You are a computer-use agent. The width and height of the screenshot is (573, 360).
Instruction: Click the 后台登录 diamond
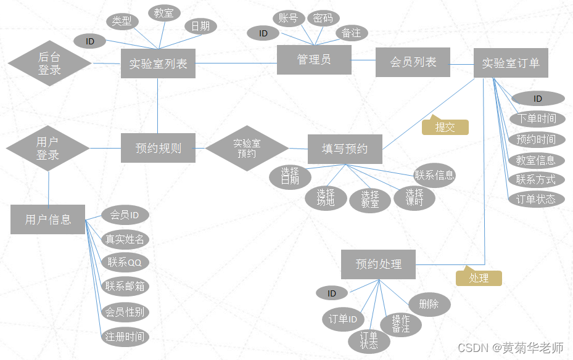coord(49,63)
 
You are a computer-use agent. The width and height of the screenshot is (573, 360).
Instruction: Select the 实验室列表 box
coord(158,63)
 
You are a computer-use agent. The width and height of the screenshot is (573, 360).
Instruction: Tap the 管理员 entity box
coord(314,59)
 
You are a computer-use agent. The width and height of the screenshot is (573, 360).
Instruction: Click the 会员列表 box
coord(413,62)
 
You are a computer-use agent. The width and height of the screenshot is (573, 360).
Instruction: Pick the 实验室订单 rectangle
coord(510,63)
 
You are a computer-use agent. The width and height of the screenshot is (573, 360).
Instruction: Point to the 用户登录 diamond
coord(47,149)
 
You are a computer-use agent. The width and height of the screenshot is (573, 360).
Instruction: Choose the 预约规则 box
coord(158,148)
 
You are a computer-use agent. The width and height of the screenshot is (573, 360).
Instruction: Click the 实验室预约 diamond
coord(247,148)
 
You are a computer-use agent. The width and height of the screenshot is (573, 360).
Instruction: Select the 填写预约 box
coord(345,149)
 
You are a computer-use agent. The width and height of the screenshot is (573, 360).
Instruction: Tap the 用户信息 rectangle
coord(47,219)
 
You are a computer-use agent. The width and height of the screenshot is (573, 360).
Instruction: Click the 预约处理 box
coord(378,264)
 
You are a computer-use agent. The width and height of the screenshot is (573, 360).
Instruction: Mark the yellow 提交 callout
coord(445,127)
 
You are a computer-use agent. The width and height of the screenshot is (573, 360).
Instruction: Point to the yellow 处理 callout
coord(479,278)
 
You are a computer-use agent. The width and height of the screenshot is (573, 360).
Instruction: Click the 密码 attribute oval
coord(323,18)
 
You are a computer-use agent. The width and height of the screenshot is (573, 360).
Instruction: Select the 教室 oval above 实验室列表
coord(163,13)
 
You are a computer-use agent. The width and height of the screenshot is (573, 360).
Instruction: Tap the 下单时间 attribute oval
coord(536,119)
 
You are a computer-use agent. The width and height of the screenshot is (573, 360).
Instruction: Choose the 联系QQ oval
coord(125,262)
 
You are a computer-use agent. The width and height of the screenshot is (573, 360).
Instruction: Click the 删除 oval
coord(429,304)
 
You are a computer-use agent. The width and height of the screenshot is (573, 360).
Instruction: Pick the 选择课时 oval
coord(414,198)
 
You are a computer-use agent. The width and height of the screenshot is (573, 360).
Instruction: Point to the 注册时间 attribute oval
coord(125,337)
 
